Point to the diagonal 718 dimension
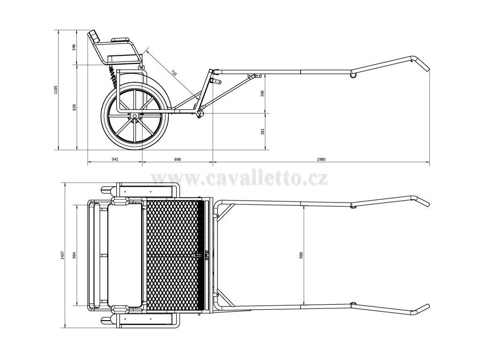[x=174, y=73]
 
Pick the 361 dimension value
[x=263, y=131]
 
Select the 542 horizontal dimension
[x=115, y=159]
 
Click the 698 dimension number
[x=178, y=159]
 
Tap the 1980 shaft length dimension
[x=321, y=159]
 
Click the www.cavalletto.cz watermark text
[x=239, y=178]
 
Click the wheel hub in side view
[x=135, y=115]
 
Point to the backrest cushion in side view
[x=95, y=36]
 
